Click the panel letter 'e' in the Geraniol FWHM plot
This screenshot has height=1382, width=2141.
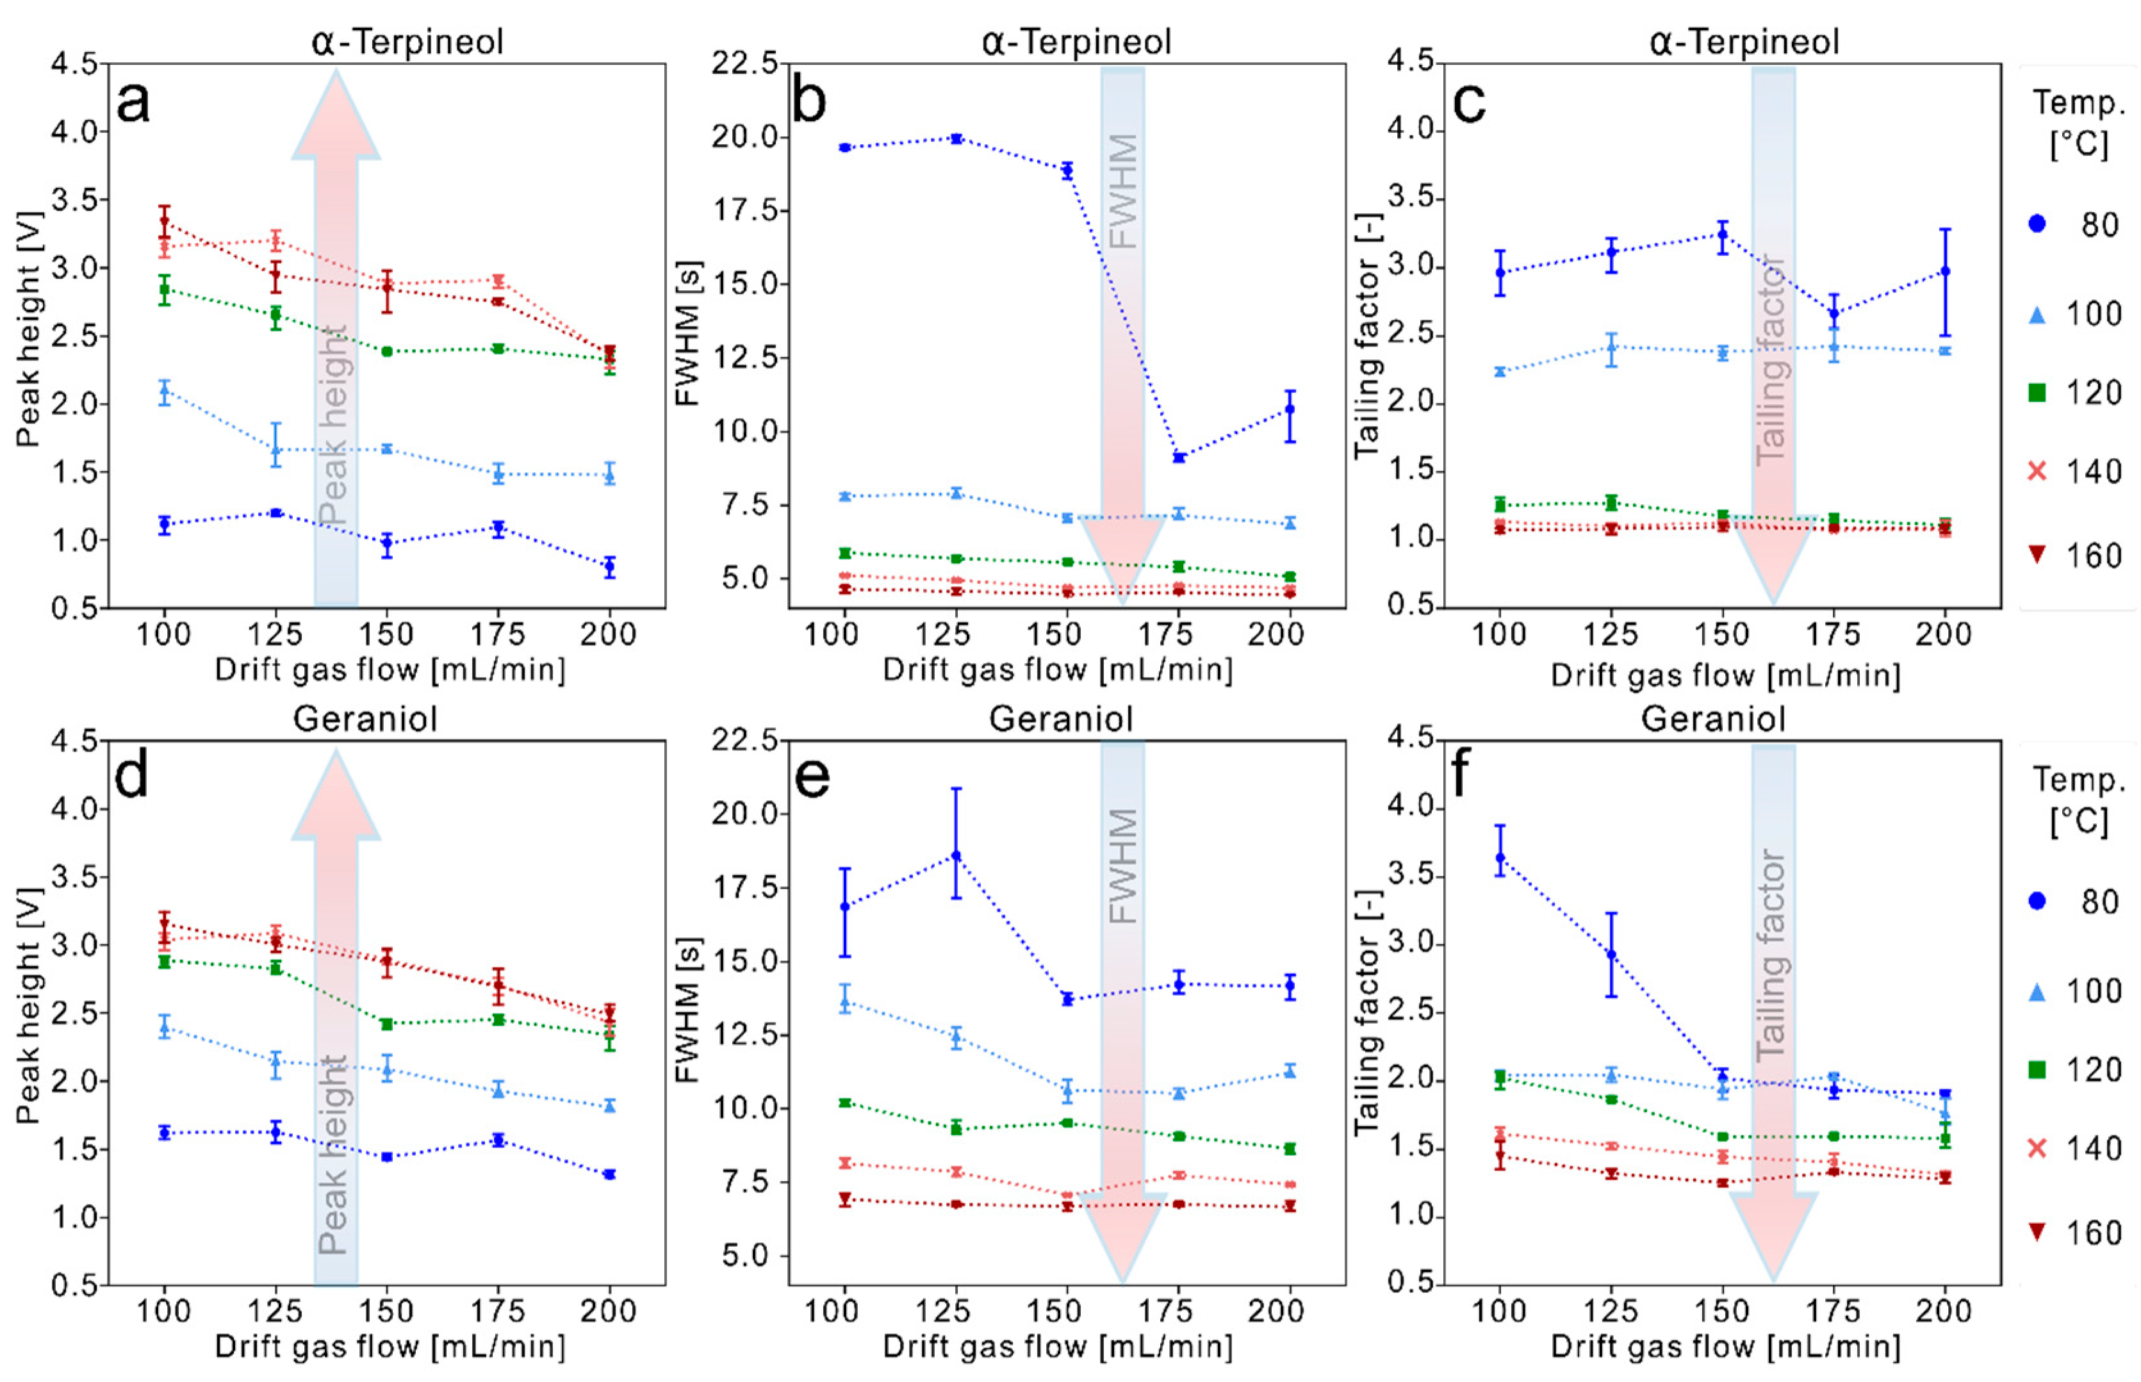pyautogui.click(x=812, y=778)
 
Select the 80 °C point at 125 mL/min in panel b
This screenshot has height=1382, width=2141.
pyautogui.click(x=956, y=139)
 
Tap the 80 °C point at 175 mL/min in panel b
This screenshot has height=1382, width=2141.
pyautogui.click(x=1178, y=457)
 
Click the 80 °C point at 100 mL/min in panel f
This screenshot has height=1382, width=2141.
pyautogui.click(x=1500, y=857)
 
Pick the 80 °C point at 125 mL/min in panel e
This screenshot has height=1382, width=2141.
pyautogui.click(x=956, y=855)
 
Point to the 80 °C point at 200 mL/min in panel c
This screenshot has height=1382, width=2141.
pyautogui.click(x=1944, y=271)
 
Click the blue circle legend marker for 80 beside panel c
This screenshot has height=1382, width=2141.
pyautogui.click(x=2037, y=224)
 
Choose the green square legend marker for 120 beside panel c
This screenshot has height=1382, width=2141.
pyautogui.click(x=2037, y=393)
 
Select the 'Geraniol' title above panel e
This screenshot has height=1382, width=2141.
pyautogui.click(x=1061, y=720)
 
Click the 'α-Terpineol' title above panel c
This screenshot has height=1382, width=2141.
pyautogui.click(x=1744, y=42)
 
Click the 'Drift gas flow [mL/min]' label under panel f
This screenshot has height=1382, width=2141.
pyautogui.click(x=1725, y=1347)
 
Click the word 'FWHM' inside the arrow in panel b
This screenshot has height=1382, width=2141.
pyautogui.click(x=1124, y=191)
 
